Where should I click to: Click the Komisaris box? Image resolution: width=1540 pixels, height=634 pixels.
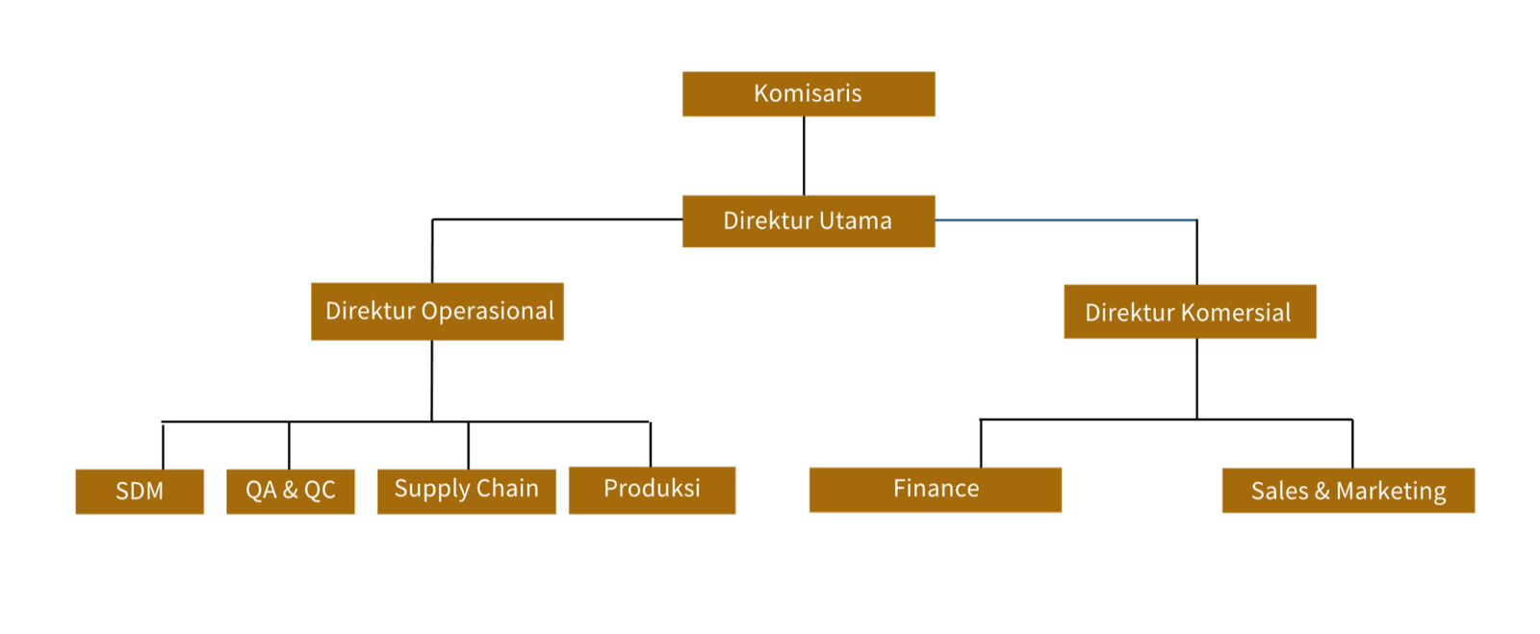pyautogui.click(x=808, y=94)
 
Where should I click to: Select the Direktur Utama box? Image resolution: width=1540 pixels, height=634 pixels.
pyautogui.click(x=808, y=221)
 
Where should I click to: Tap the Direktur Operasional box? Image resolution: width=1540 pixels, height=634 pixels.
pyautogui.click(x=437, y=312)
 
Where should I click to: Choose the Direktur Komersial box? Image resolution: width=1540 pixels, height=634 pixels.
pyautogui.click(x=1190, y=313)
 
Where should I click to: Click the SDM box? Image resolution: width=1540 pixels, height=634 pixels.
pyautogui.click(x=140, y=492)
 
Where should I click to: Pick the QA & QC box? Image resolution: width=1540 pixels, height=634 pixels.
pyautogui.click(x=291, y=491)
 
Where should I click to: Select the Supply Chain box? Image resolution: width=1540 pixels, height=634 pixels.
pyautogui.click(x=467, y=491)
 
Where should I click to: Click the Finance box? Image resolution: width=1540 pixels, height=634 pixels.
pyautogui.click(x=936, y=491)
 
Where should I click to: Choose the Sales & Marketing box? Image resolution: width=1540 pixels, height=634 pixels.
pyautogui.click(x=1347, y=492)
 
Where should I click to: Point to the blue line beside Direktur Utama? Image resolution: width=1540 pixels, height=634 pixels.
pyautogui.click(x=1065, y=220)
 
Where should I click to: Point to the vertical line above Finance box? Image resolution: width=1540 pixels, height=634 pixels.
pyautogui.click(x=979, y=444)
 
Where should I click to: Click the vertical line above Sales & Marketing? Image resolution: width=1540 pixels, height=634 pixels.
pyautogui.click(x=1354, y=443)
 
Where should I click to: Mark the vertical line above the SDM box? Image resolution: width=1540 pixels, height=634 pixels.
pyautogui.click(x=165, y=445)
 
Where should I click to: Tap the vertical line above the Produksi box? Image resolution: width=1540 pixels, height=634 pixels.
pyautogui.click(x=648, y=444)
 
